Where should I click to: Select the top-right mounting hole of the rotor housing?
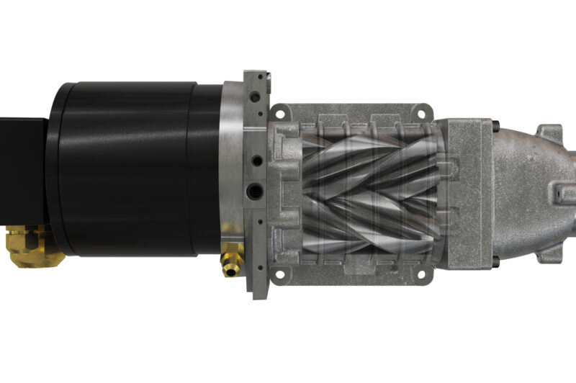pyautogui.click(x=422, y=114)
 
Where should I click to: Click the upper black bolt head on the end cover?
pyautogui.click(x=496, y=127)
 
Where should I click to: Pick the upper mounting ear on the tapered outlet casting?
pyautogui.click(x=551, y=134)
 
